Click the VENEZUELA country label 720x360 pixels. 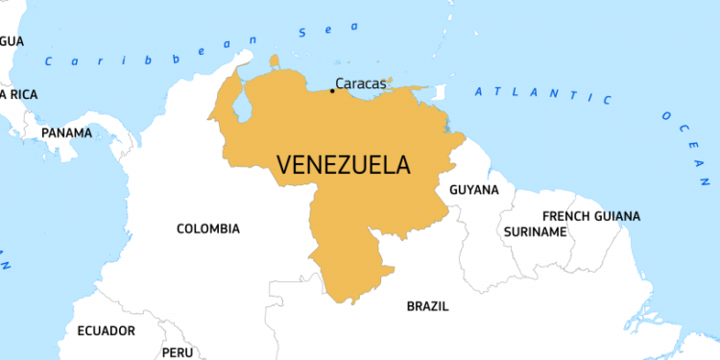344,164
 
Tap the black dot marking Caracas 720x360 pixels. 332,91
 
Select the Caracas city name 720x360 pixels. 362,84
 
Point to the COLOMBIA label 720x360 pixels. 208,228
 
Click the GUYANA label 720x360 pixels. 474,189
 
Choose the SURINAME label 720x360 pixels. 535,231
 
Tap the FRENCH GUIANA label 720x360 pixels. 590,216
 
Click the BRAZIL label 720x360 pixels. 427,306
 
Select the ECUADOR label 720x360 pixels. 106,330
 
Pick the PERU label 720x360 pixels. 178,352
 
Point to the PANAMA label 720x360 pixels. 67,132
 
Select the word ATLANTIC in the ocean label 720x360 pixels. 542,94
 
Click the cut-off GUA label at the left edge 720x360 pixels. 12,40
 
